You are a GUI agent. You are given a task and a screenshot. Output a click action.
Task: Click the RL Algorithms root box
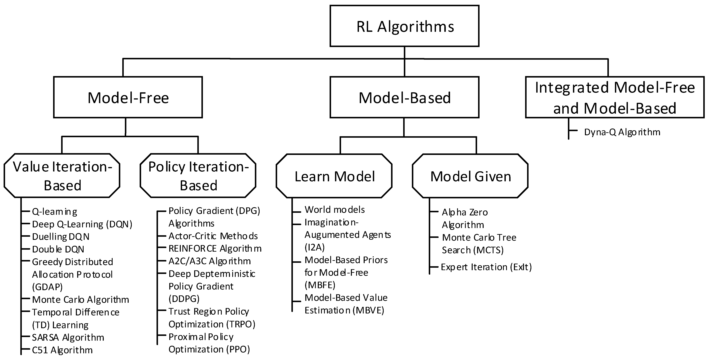point(404,26)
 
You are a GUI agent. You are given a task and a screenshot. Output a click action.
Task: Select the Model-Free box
point(128,97)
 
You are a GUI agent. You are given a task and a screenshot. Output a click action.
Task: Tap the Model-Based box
point(404,97)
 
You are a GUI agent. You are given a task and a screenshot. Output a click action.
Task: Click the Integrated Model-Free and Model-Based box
point(615,97)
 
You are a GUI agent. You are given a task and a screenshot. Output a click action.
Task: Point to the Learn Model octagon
point(334,176)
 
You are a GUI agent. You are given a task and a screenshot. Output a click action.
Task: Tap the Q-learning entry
point(55,212)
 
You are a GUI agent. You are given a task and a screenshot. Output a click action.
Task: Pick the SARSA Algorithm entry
point(68,337)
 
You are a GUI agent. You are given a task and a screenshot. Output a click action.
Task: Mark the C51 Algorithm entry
point(62,350)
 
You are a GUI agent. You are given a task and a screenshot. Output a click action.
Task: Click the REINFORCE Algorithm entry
point(215,249)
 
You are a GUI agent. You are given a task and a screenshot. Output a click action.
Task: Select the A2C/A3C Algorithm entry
point(209,261)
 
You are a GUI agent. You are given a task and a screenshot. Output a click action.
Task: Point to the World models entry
point(334,210)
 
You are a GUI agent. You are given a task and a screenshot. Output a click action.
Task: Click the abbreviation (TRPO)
point(241,324)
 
